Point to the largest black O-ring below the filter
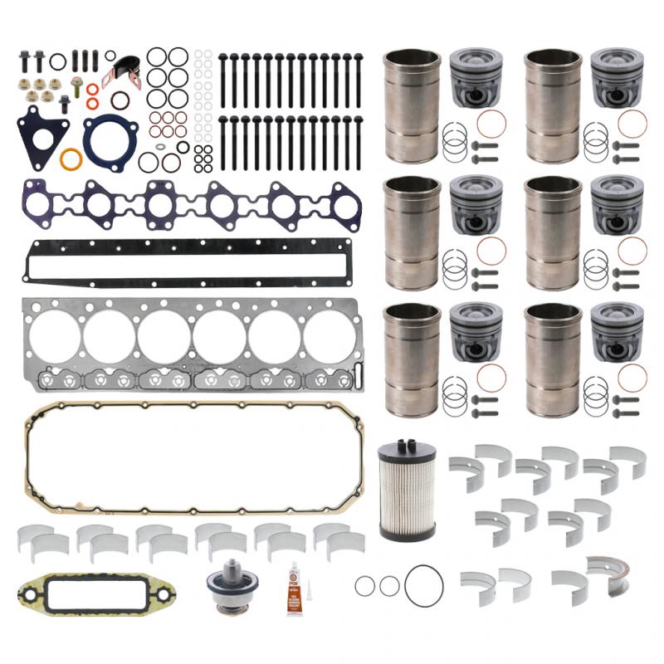(x=423, y=586)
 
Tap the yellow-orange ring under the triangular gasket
(x=71, y=159)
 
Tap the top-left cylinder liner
(x=413, y=105)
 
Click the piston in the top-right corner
(x=617, y=77)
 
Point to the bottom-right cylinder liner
(x=554, y=359)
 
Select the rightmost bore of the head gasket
(x=330, y=336)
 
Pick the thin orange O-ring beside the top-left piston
(x=491, y=124)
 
